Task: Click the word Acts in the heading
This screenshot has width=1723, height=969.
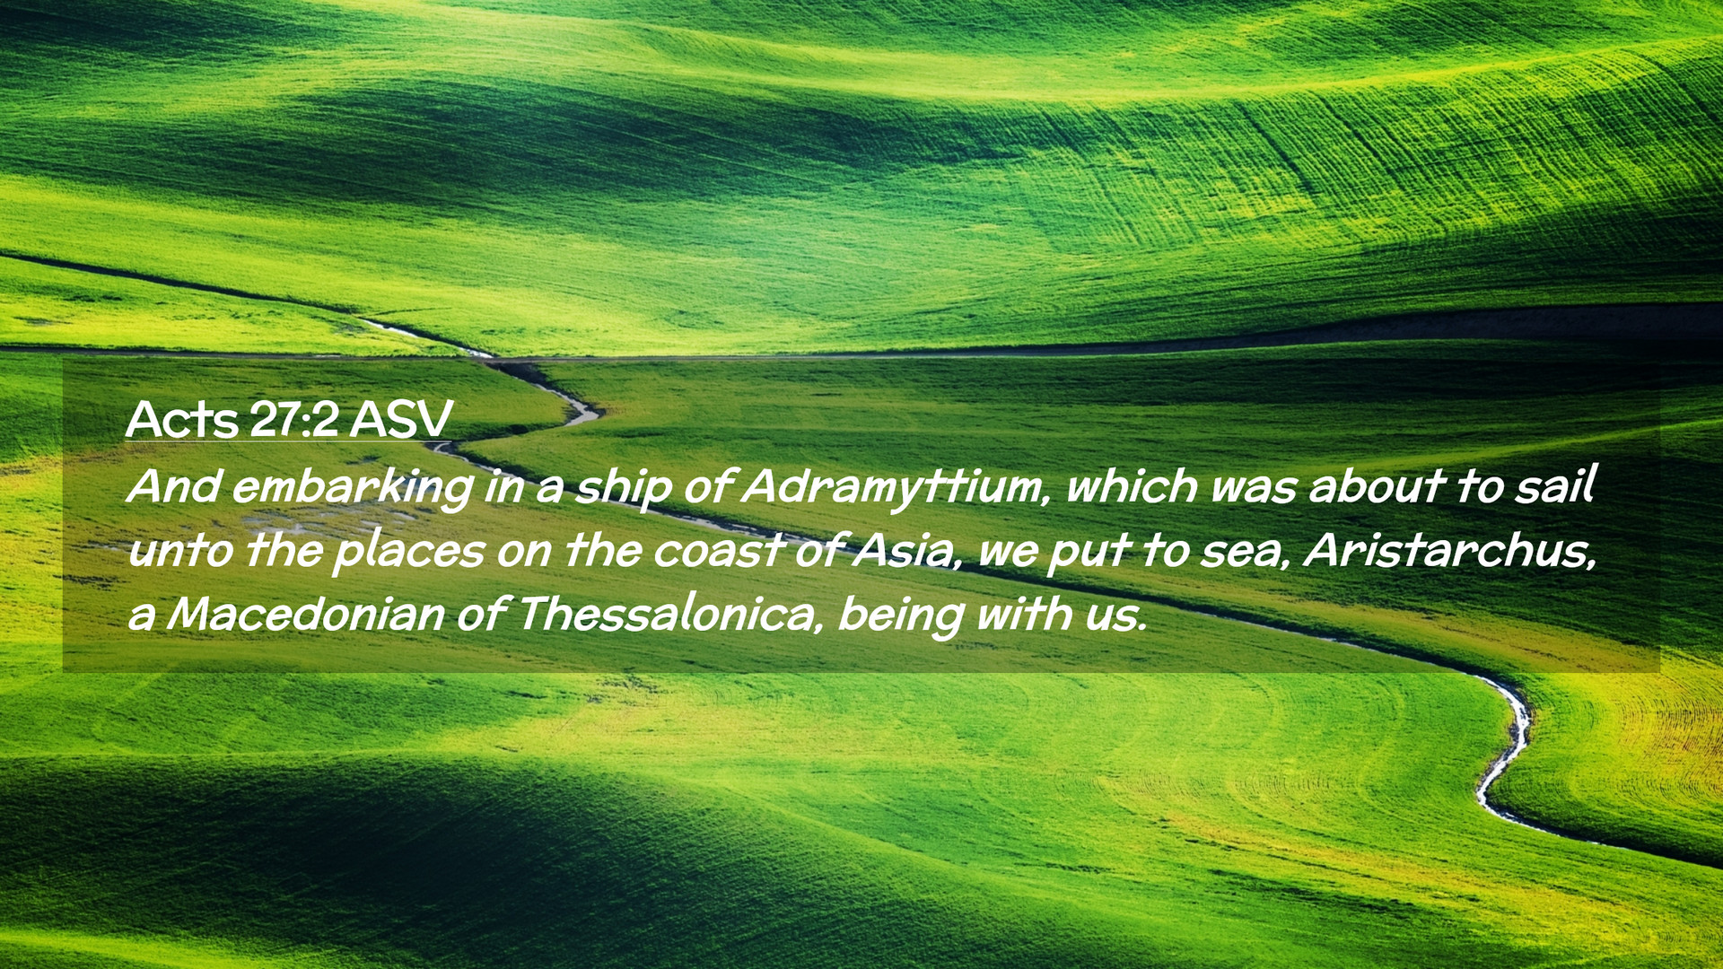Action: (x=182, y=419)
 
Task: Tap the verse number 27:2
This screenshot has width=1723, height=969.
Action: (x=293, y=419)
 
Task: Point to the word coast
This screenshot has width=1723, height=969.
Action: (x=719, y=551)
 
